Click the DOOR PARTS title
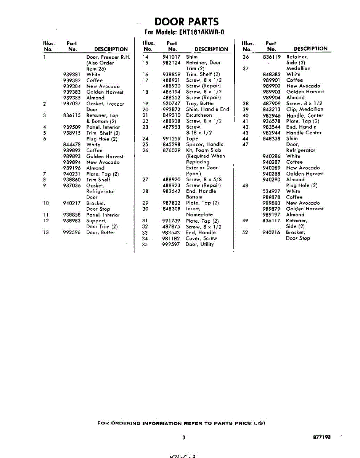coord(187,21)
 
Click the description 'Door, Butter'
coord(100,232)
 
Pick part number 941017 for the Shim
coord(171,57)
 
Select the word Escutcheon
coord(199,115)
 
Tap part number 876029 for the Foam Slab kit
coord(171,150)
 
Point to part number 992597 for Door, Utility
coord(171,244)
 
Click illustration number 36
coord(246,57)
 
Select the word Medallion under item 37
coord(298,68)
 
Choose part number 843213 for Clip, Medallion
coord(272,110)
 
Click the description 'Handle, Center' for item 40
coord(304,115)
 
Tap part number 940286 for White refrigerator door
coord(272,156)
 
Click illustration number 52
coord(246,232)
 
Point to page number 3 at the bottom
coord(183,438)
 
